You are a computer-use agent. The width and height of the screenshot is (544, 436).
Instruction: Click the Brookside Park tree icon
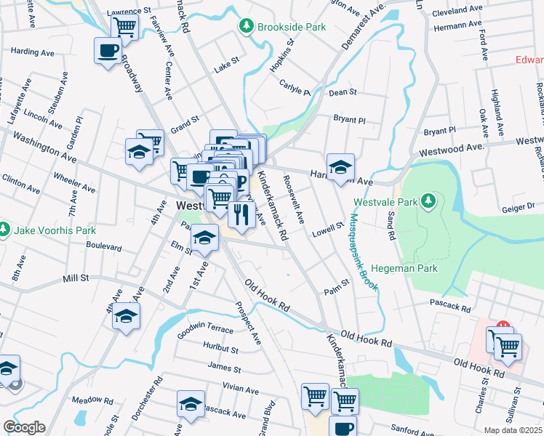click(x=247, y=26)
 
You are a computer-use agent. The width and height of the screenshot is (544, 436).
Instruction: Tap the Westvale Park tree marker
click(x=429, y=201)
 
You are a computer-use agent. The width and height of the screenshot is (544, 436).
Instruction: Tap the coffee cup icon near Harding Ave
click(x=108, y=51)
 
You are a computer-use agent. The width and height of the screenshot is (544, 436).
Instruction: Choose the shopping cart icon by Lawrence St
click(x=125, y=28)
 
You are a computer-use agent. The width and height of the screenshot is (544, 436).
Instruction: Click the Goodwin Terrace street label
click(x=206, y=331)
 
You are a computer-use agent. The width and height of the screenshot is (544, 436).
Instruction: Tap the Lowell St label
click(x=327, y=230)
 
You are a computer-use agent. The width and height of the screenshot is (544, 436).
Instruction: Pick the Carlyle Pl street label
click(x=295, y=87)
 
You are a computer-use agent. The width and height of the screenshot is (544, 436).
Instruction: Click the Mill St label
click(x=76, y=278)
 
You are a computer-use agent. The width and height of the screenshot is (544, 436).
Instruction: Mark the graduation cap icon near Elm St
click(x=204, y=238)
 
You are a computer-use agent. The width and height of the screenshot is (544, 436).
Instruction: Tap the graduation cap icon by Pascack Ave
click(x=191, y=403)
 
